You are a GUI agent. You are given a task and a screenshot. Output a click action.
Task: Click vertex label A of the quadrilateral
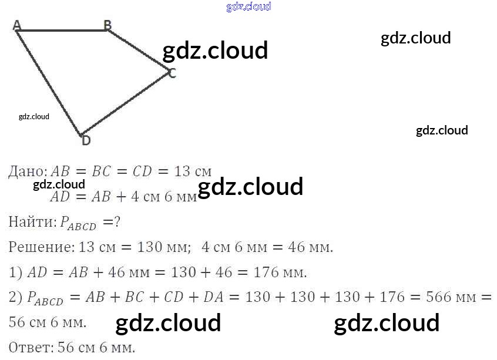tap(16, 25)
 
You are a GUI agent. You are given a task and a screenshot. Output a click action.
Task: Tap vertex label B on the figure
tap(108, 25)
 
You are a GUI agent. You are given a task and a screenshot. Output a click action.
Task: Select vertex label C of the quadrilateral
tap(172, 73)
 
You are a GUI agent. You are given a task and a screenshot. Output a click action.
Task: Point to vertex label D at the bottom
tap(86, 140)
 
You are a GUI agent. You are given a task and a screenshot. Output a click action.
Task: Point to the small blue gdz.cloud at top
tap(248, 7)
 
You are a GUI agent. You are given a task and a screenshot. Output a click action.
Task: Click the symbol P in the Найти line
tap(66, 222)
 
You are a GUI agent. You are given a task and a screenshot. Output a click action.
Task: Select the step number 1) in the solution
tap(15, 272)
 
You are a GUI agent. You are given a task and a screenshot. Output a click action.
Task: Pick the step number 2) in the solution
tap(15, 298)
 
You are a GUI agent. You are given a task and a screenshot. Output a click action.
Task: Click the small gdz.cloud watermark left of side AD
tap(34, 116)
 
